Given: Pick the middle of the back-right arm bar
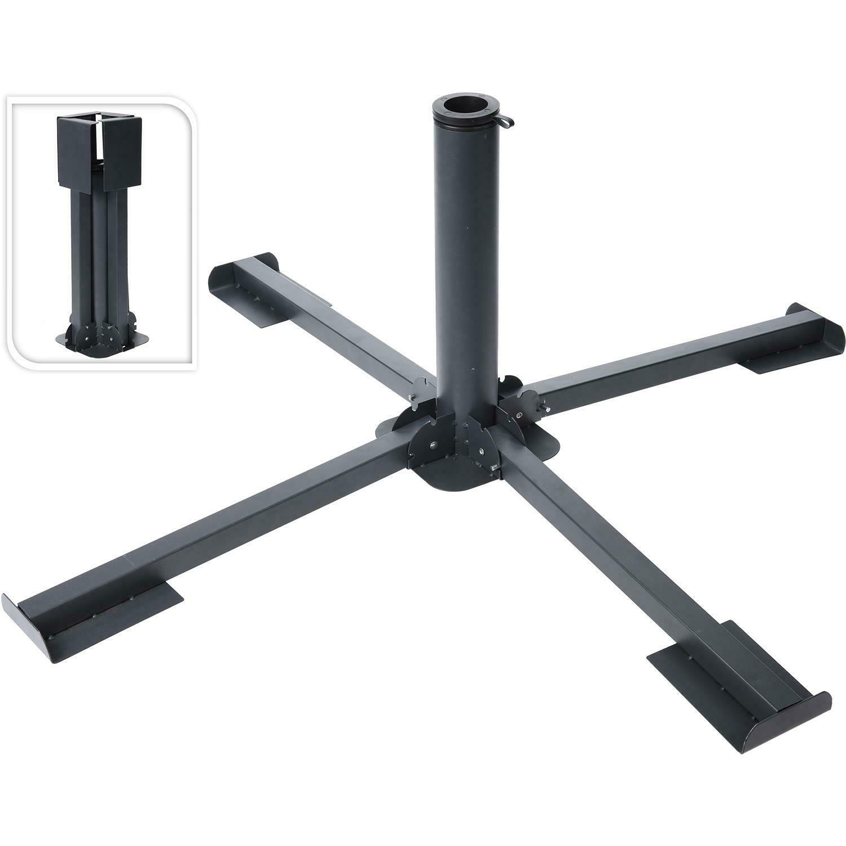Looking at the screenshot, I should coord(649,367).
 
